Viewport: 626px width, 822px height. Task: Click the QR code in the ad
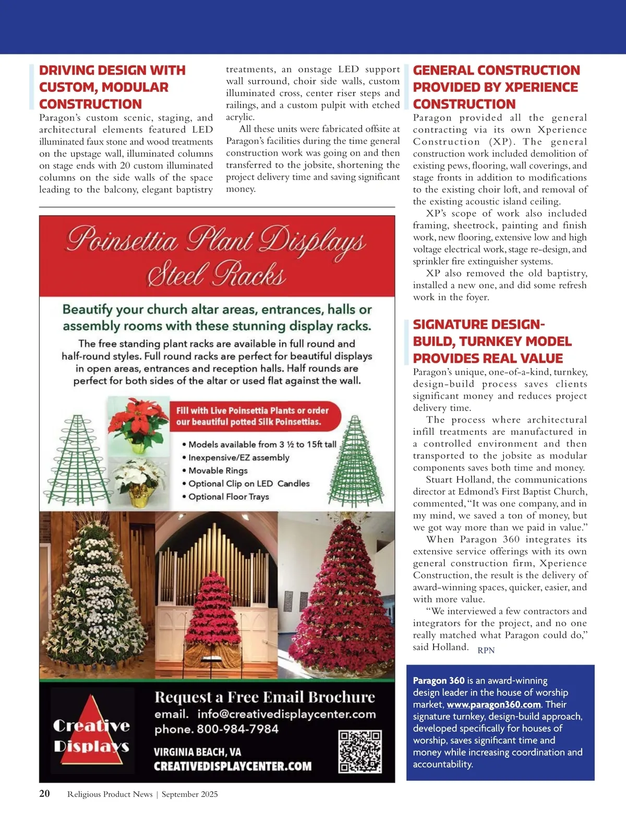tap(360, 752)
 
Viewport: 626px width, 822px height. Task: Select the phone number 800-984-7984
tap(237, 729)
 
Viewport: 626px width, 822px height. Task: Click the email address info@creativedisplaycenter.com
tap(286, 714)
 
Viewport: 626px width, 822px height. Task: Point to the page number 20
tap(45, 794)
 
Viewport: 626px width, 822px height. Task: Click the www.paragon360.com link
tap(493, 705)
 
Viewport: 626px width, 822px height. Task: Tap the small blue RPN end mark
tap(486, 650)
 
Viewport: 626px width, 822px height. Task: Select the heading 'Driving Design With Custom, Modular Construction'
tap(112, 87)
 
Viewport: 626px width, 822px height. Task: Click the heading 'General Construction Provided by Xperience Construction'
tap(496, 87)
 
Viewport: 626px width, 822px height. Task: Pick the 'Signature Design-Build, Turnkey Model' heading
tap(492, 341)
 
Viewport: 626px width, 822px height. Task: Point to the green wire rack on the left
tap(77, 459)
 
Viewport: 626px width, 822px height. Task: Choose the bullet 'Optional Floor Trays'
tap(228, 497)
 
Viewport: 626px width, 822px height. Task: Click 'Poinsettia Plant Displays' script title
tap(216, 240)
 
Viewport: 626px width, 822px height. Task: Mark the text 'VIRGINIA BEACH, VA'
tap(197, 752)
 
